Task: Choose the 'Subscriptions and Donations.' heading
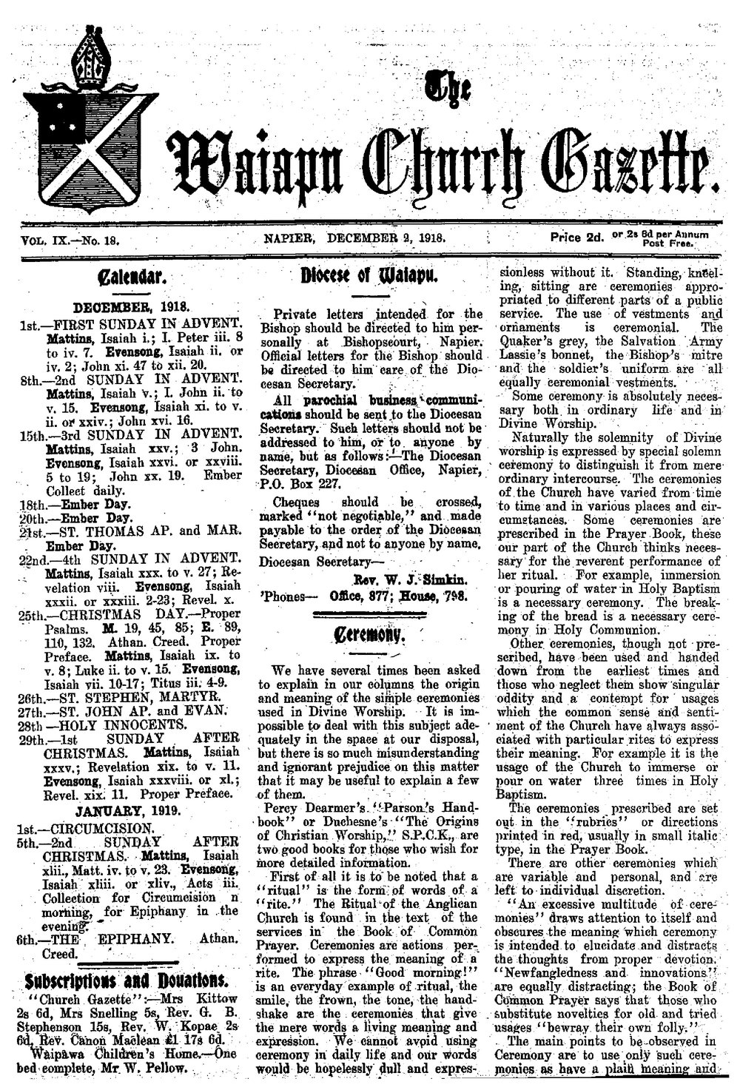[128, 980]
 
